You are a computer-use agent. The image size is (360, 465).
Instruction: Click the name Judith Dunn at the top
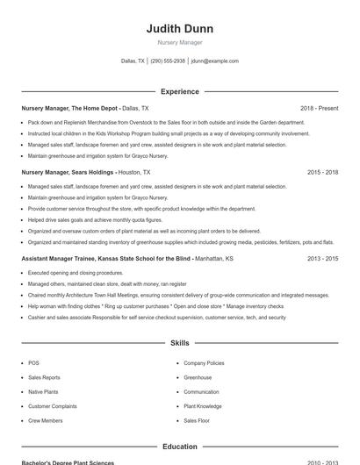tap(179, 29)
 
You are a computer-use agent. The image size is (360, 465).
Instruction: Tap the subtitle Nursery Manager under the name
tap(179, 42)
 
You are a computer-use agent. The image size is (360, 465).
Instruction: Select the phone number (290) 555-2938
tap(168, 61)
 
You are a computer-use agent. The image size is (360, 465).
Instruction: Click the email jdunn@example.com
tap(215, 61)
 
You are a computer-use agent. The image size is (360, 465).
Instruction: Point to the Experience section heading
tap(179, 91)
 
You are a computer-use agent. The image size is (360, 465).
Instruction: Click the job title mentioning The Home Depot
tap(70, 108)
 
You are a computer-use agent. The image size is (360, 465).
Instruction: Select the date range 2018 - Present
tap(319, 108)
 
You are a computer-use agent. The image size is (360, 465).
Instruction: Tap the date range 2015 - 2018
tap(322, 173)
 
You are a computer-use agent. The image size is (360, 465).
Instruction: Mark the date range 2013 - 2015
tap(322, 259)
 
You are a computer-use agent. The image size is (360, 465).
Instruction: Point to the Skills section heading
tap(179, 343)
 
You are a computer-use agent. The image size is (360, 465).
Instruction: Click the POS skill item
tap(33, 363)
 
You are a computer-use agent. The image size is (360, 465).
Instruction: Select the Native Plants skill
tap(42, 392)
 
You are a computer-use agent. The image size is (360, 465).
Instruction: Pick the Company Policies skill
tap(204, 363)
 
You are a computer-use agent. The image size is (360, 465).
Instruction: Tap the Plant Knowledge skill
tap(203, 406)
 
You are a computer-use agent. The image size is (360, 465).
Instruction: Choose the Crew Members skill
tap(45, 421)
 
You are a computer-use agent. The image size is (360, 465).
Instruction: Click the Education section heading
tap(179, 447)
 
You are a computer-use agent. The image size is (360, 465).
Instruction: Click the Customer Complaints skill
tap(52, 406)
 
